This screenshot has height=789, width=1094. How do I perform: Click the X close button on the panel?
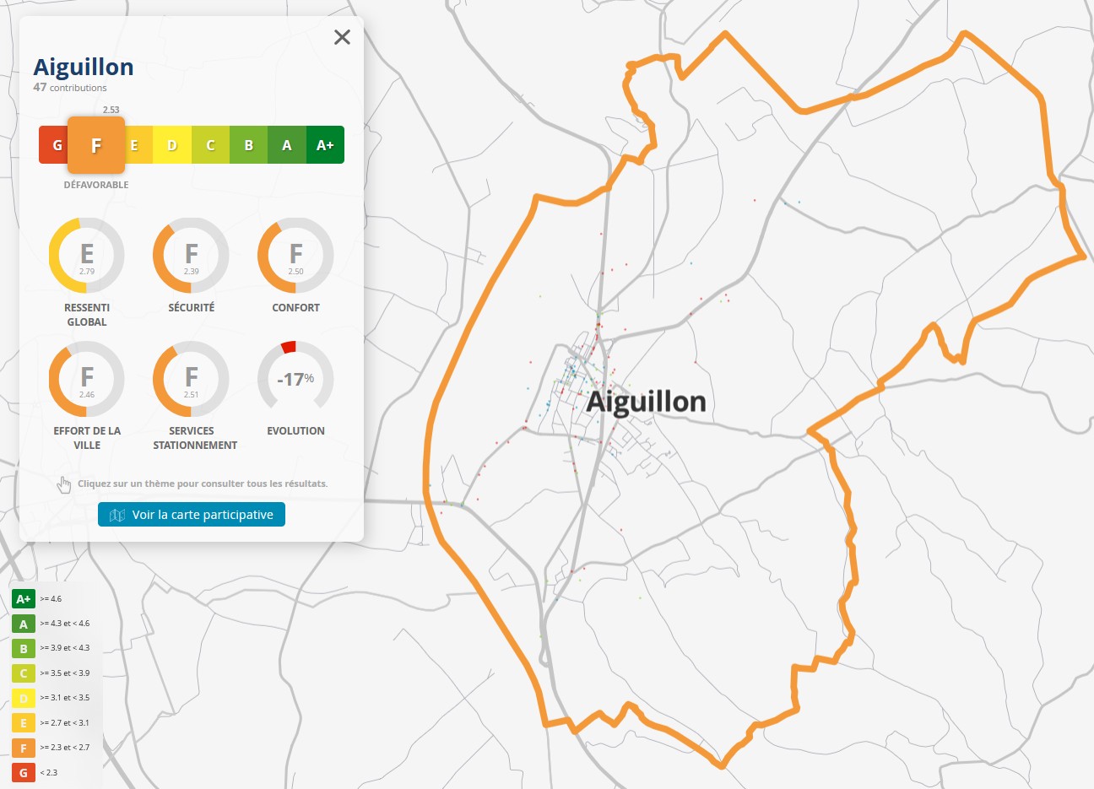(342, 37)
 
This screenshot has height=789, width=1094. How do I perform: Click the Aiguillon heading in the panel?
(84, 67)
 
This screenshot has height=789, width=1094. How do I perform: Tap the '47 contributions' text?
(70, 88)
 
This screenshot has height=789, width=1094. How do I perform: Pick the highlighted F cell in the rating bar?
(96, 145)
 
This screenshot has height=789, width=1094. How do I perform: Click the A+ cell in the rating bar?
(325, 145)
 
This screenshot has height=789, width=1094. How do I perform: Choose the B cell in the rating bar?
(248, 145)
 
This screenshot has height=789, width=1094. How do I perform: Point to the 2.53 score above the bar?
(111, 110)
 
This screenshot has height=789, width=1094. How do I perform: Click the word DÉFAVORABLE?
(96, 185)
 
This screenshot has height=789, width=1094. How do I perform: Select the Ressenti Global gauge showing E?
(86, 256)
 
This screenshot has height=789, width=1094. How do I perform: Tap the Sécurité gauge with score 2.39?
(191, 256)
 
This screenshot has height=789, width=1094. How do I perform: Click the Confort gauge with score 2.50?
(295, 256)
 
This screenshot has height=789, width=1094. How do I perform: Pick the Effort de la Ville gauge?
(86, 379)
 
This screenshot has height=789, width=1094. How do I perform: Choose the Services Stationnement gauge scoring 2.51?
(191, 379)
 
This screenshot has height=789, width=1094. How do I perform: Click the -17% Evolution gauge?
(295, 379)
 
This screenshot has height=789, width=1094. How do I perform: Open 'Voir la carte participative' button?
(192, 515)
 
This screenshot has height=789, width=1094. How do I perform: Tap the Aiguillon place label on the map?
(646, 402)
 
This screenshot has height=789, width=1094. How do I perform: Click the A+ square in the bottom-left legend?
(23, 599)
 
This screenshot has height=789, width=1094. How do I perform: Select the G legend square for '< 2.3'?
(23, 773)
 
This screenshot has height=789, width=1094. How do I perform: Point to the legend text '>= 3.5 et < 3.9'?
(64, 673)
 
